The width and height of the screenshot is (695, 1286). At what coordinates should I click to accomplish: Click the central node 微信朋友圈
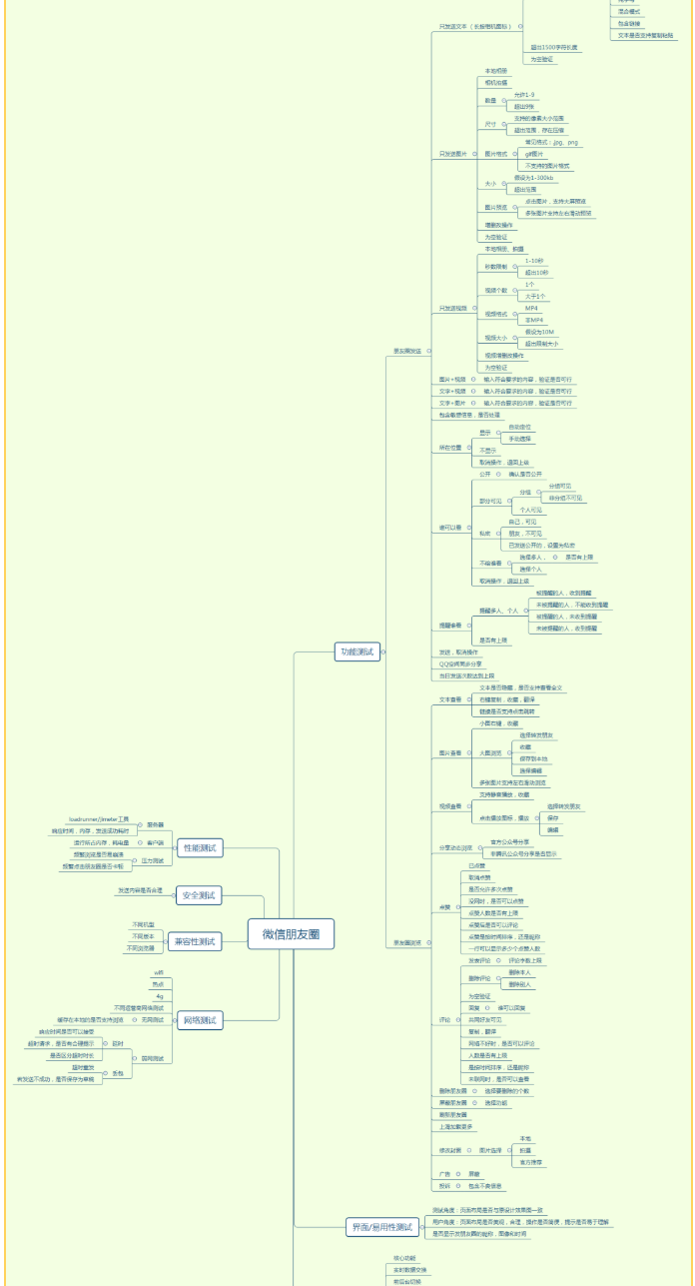click(x=291, y=934)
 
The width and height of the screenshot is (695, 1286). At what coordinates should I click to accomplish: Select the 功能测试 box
click(x=356, y=651)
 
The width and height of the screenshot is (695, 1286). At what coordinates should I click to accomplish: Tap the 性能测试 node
click(x=200, y=848)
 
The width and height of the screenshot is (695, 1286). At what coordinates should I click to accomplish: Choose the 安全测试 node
click(x=200, y=895)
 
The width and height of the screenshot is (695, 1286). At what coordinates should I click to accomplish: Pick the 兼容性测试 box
click(x=195, y=941)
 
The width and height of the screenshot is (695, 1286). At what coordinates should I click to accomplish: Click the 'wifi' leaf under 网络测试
click(x=158, y=972)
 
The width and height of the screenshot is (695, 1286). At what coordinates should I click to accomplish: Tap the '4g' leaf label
click(x=159, y=996)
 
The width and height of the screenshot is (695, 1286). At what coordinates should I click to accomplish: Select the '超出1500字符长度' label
click(x=554, y=47)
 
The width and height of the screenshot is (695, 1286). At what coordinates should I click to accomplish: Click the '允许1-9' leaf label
click(x=524, y=94)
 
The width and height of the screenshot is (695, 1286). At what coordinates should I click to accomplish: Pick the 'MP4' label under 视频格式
click(x=531, y=309)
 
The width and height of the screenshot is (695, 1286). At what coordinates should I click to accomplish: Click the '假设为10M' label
click(x=539, y=332)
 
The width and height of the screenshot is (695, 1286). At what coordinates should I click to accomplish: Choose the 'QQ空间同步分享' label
click(x=459, y=663)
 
